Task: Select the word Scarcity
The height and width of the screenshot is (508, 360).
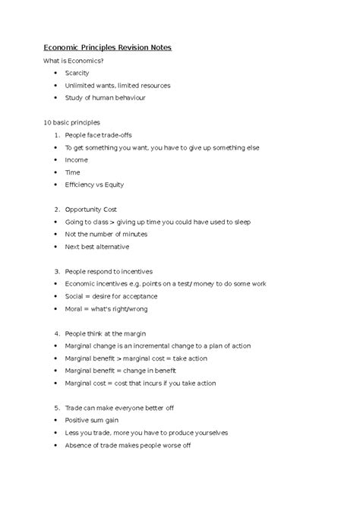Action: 77,73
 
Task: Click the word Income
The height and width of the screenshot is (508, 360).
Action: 76,160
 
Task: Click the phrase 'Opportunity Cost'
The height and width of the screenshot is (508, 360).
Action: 94,210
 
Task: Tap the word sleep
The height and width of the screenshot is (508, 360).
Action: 241,222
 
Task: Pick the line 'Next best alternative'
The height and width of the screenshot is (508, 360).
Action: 97,247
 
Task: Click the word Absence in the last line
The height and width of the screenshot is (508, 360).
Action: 81,445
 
